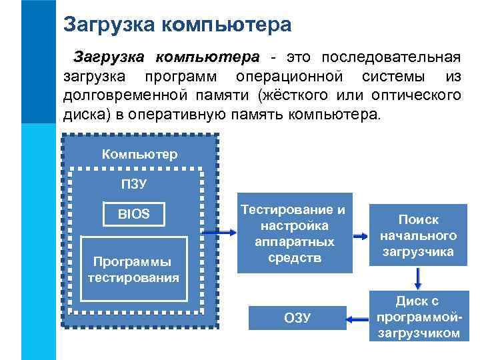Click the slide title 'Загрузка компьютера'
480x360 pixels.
177,25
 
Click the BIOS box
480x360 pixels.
134,214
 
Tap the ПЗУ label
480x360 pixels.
133,183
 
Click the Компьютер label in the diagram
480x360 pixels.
139,155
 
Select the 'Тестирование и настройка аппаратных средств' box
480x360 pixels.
293,234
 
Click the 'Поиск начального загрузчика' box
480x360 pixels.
418,235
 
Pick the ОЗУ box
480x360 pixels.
297,317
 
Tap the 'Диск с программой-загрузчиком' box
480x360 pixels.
418,317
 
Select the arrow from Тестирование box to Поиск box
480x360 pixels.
360,235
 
